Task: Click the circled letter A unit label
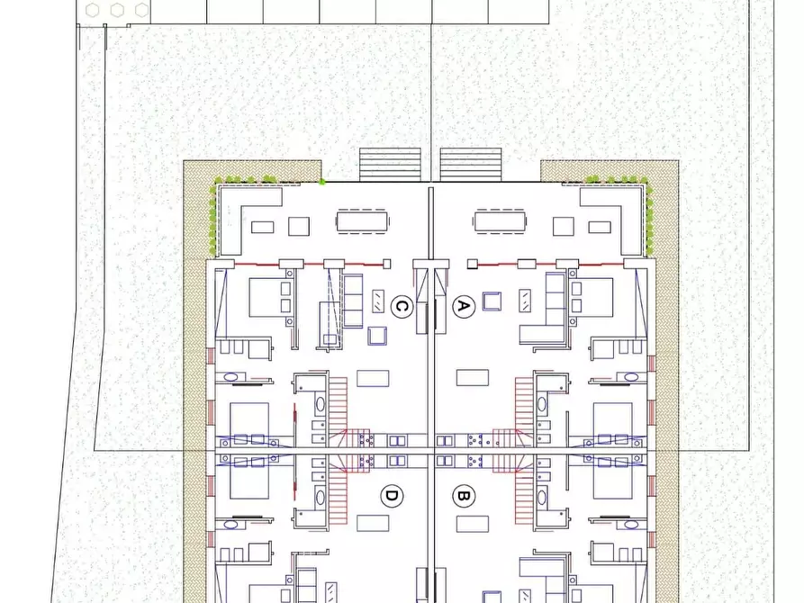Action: coord(462,307)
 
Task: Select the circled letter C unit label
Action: coord(402,307)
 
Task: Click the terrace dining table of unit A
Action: coord(500,220)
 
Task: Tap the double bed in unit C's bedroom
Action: coord(268,297)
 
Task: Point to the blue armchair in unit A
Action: coord(492,300)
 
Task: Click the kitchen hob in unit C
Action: coord(366,440)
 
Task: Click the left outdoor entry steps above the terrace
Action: coord(391,164)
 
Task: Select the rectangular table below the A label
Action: coord(473,377)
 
